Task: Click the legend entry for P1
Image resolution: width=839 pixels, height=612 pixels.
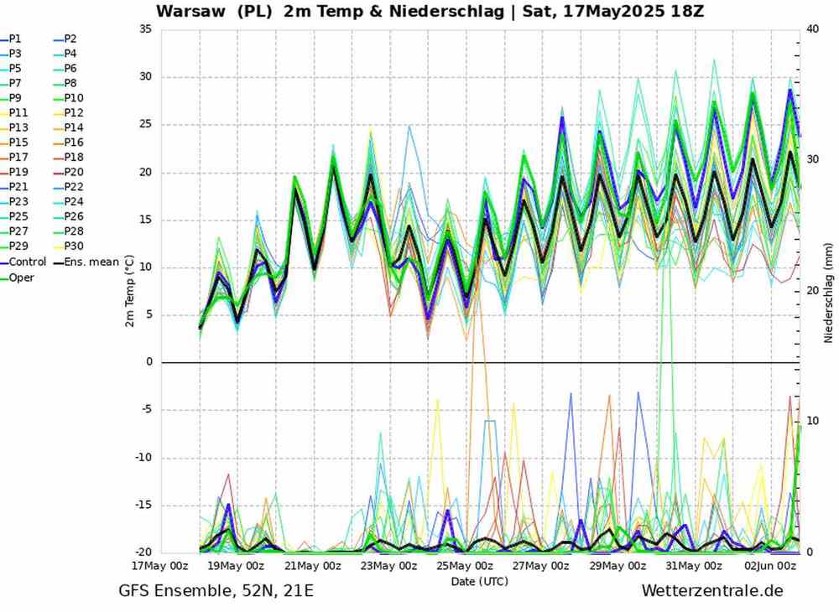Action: pos(16,39)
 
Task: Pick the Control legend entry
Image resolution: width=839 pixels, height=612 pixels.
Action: pos(27,262)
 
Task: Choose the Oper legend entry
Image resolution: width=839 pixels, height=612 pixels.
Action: pos(22,277)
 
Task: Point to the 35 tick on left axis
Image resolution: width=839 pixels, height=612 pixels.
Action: pos(145,29)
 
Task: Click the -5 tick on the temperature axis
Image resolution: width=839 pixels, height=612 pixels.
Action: pos(145,410)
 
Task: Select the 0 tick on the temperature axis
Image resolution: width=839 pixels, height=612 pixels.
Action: pos(149,362)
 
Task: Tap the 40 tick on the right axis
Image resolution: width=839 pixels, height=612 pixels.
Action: pos(811,29)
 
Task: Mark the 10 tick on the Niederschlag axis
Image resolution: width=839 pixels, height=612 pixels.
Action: pos(811,420)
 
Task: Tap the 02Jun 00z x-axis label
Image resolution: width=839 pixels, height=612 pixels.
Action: pos(769,566)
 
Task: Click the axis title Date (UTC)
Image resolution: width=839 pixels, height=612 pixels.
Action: pos(479,580)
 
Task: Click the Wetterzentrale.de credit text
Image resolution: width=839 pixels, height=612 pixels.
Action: pos(711,591)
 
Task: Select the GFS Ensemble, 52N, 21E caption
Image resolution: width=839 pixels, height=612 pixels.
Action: pos(216,591)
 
